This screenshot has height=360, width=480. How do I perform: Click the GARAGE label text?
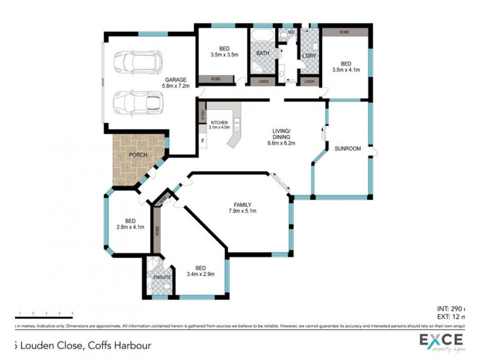(175, 79)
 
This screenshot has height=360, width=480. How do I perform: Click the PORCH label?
(139, 155)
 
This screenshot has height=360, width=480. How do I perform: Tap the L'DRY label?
(309, 56)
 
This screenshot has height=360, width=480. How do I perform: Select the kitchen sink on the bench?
(236, 126)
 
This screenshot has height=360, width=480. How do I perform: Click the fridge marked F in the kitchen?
(203, 142)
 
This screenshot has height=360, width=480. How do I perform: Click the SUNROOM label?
(347, 148)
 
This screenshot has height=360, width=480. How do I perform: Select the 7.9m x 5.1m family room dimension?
(242, 211)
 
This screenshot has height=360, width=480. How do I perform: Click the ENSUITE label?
(161, 278)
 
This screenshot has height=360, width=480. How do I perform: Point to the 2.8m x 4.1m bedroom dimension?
(130, 227)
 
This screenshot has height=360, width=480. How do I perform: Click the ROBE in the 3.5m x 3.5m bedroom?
(215, 79)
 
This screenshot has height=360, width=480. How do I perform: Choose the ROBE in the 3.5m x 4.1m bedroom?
(345, 32)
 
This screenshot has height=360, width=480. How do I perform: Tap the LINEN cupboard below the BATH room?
(263, 81)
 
